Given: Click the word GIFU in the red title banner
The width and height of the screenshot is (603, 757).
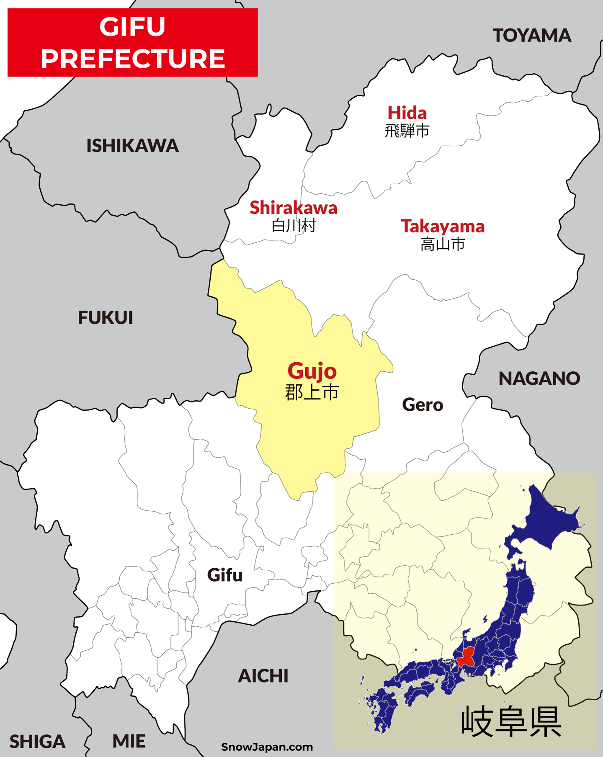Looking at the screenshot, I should click(132, 27).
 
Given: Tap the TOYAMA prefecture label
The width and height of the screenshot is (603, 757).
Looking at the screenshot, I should click(531, 36).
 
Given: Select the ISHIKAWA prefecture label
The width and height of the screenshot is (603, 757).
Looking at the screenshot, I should click(132, 146).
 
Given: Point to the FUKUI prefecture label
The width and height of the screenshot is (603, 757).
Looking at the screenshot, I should click(106, 317).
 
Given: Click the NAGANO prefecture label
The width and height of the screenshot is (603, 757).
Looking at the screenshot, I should click(539, 378).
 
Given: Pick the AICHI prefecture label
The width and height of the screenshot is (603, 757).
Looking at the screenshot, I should click(263, 676).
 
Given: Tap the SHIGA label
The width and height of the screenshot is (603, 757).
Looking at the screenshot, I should click(37, 742).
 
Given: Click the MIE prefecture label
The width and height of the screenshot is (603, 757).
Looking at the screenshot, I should click(129, 741).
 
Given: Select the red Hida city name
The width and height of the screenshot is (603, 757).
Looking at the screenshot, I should click(407, 113).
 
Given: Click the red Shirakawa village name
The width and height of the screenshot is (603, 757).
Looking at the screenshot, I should click(293, 208).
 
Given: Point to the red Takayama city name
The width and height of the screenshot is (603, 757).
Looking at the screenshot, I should click(443, 226).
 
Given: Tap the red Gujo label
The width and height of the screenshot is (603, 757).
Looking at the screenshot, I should click(312, 371).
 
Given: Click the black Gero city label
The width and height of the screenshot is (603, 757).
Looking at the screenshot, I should click(423, 405).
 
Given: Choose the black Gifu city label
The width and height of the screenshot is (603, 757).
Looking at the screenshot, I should click(225, 575).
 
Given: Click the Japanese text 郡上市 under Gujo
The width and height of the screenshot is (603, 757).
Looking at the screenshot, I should click(312, 393).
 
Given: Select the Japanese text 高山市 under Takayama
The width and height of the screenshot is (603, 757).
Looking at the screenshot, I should click(443, 244).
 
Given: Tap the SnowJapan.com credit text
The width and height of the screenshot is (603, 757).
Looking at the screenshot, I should click(267, 747).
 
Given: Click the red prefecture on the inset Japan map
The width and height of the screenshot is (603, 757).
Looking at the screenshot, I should click(466, 658).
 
